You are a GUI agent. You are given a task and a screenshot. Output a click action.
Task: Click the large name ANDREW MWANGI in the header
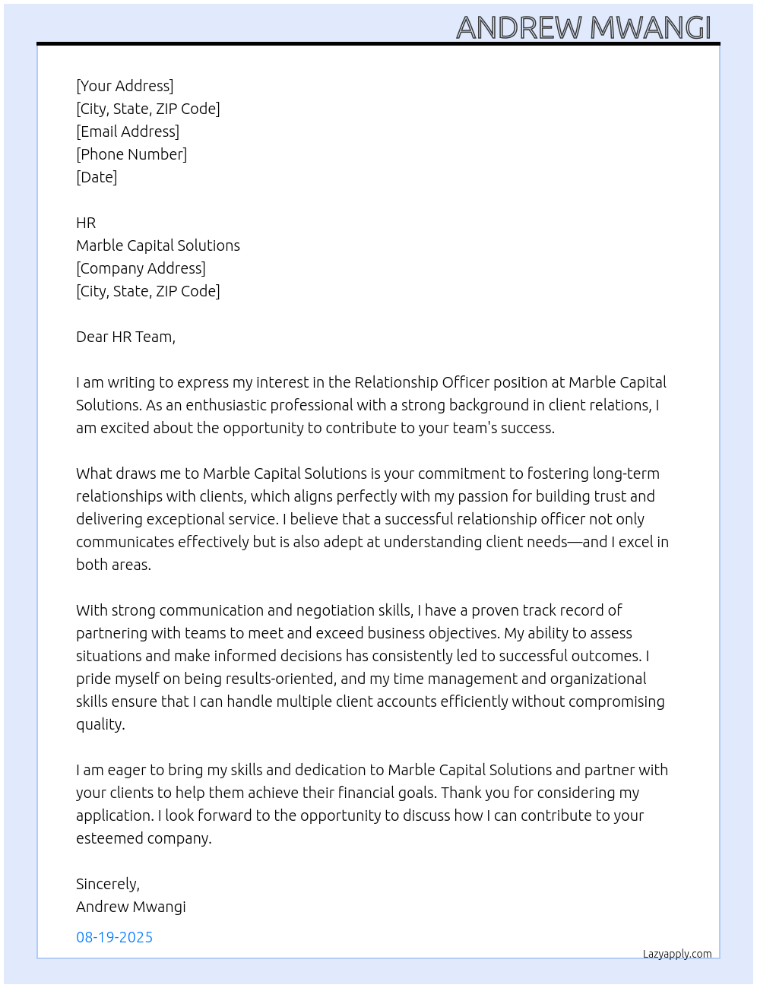[583, 28]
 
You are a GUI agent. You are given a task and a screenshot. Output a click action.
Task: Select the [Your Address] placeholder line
[125, 86]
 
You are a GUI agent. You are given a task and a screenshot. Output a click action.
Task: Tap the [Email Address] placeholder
[128, 131]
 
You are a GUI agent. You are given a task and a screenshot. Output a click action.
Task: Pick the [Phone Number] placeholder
[131, 154]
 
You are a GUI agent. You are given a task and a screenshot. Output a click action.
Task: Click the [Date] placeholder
[97, 177]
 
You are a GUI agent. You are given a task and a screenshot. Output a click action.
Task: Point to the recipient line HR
[86, 223]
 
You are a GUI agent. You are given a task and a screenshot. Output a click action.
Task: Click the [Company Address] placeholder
[141, 268]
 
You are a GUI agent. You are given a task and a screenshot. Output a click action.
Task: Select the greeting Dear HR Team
[125, 337]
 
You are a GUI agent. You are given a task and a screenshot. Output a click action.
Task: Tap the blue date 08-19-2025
[114, 937]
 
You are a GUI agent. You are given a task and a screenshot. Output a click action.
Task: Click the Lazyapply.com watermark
[677, 954]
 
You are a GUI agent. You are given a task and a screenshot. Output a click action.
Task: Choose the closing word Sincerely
[107, 884]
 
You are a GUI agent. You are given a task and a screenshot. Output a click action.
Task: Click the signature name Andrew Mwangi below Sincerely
[131, 907]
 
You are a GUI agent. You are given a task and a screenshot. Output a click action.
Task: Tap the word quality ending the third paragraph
[100, 724]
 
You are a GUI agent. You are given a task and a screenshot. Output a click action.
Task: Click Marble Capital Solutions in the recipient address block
[158, 245]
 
